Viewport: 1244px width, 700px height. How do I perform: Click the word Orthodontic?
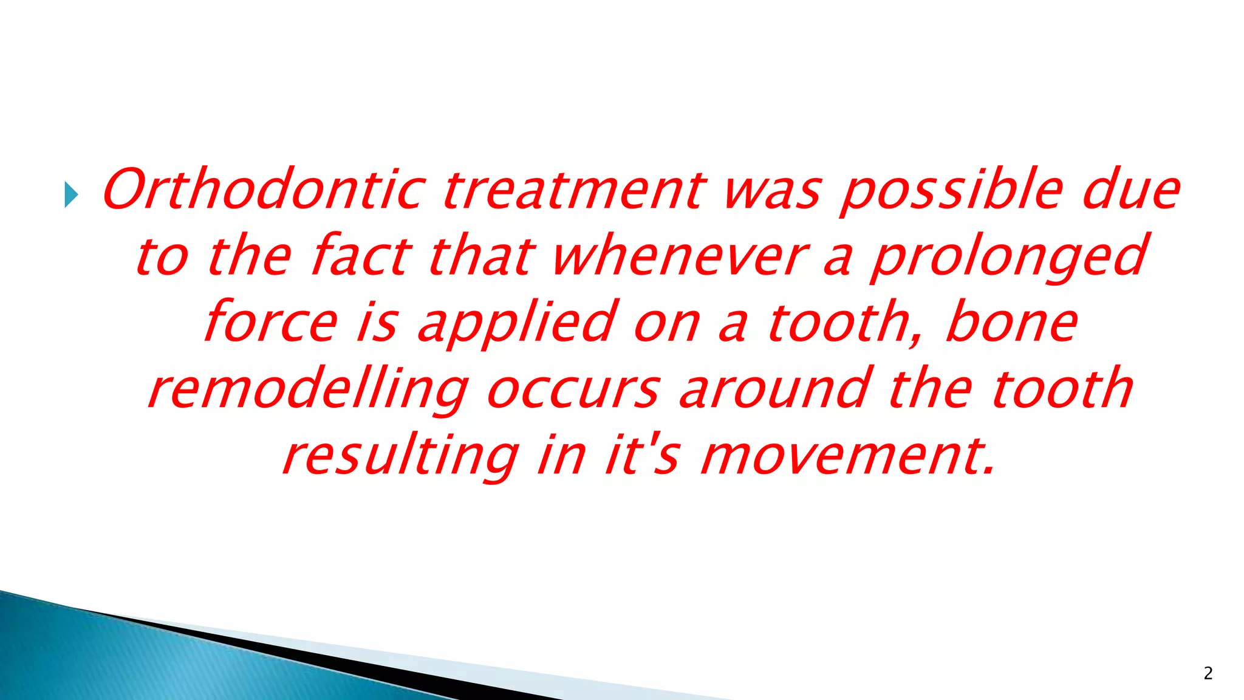coord(264,189)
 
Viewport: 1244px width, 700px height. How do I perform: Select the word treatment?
coord(574,190)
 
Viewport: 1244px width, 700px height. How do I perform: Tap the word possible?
coord(952,190)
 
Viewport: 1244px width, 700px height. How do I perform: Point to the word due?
coord(1131,190)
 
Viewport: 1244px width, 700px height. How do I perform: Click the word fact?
coord(361,255)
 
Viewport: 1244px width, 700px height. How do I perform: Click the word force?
coord(270,321)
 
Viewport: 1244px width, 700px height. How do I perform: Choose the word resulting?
coord(401,457)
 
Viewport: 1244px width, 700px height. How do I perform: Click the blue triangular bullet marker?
coord(71,195)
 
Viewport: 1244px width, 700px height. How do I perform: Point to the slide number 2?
coord(1208,673)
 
